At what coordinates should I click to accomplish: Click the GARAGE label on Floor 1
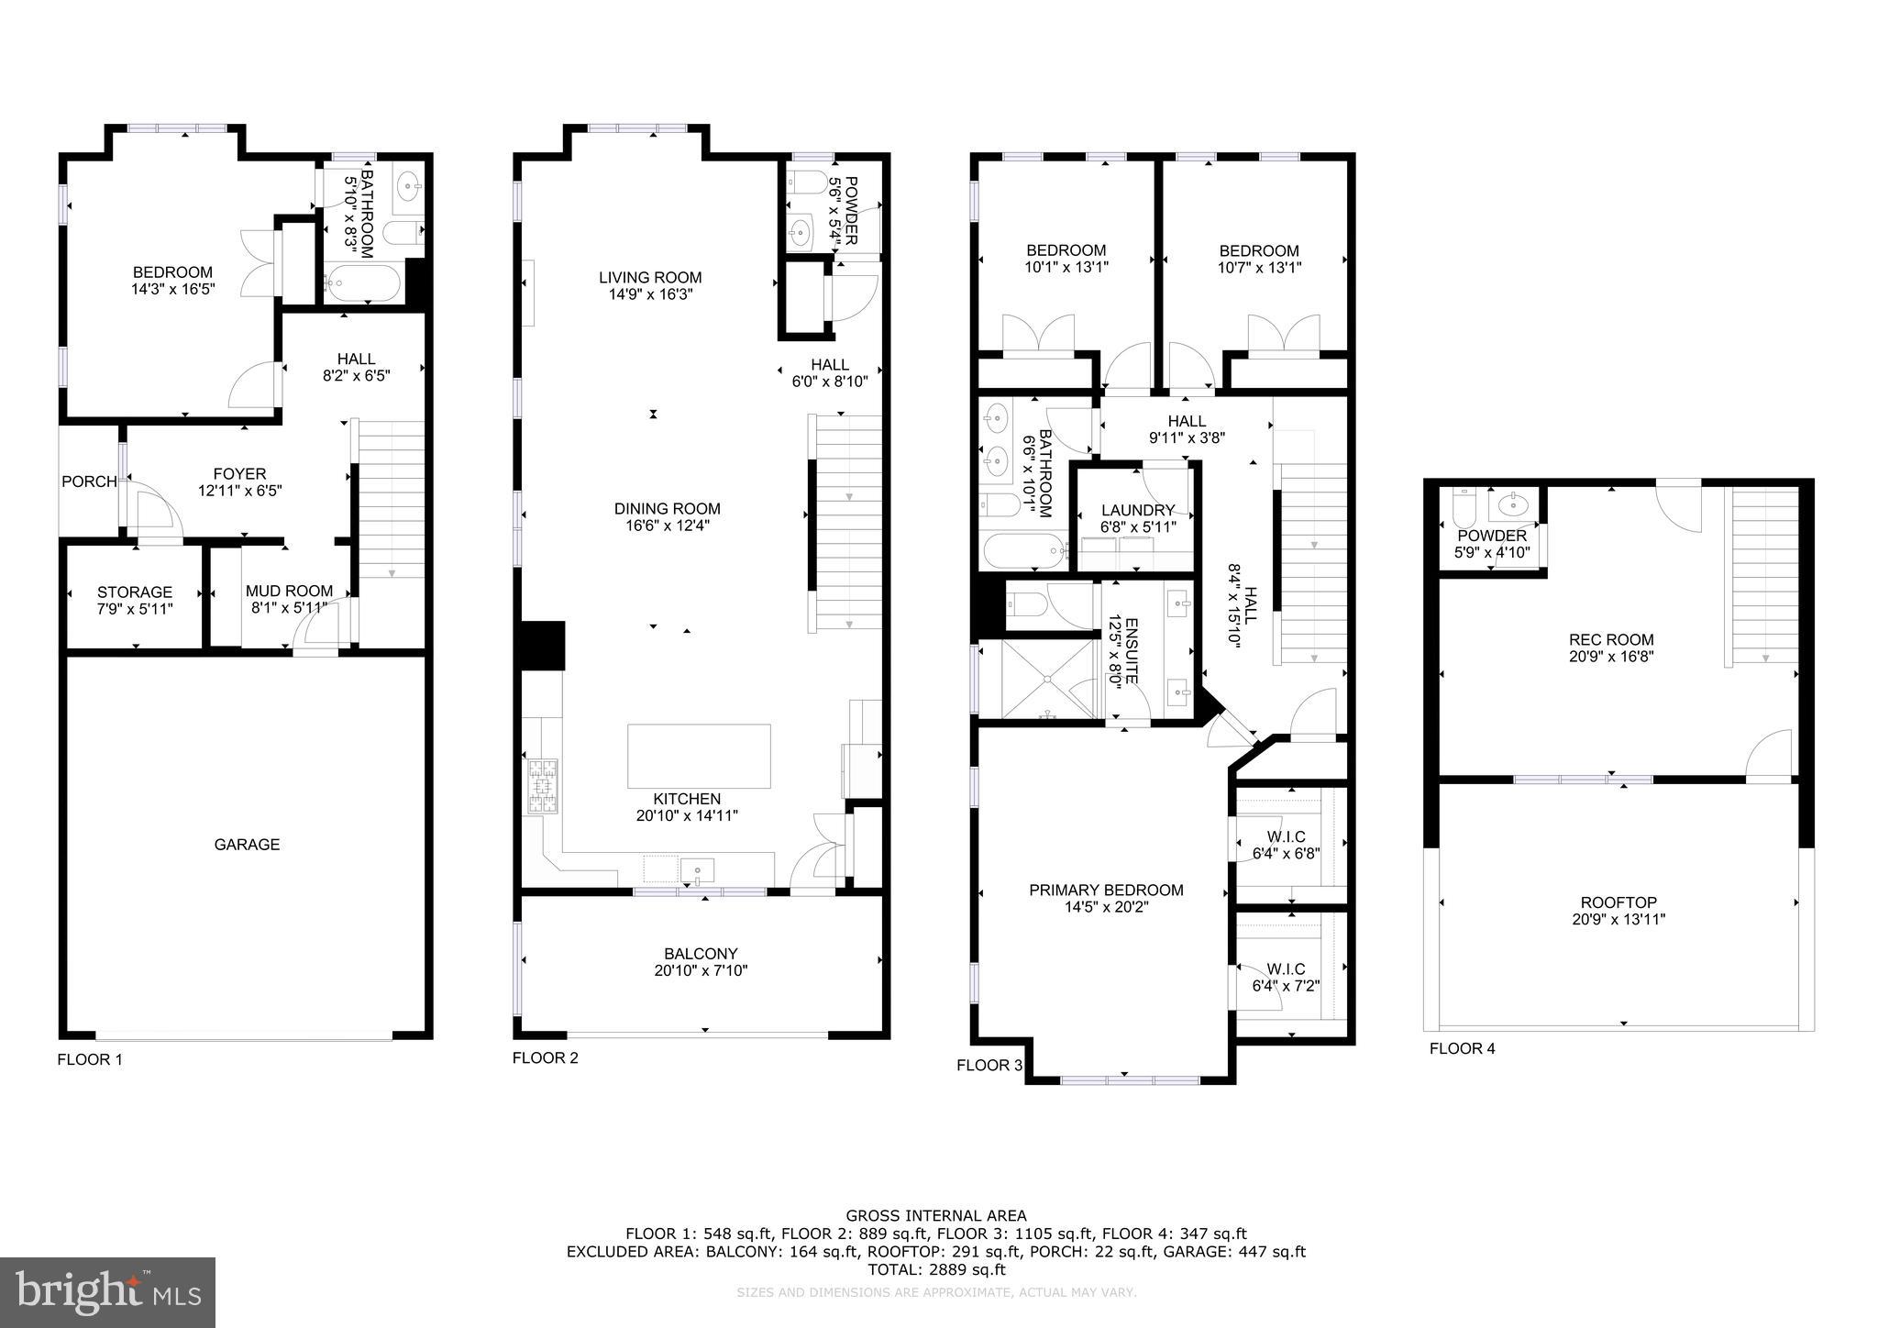coord(247,845)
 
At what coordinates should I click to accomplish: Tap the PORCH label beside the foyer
coord(89,481)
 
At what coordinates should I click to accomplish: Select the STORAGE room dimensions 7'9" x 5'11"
coord(135,609)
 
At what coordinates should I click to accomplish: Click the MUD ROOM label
coord(289,592)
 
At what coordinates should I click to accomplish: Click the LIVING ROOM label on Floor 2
coord(650,277)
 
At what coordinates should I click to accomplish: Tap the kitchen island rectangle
coord(699,756)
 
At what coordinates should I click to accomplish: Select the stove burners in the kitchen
coord(541,788)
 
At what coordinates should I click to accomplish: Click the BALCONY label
coord(701,954)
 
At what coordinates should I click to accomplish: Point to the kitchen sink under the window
coord(699,869)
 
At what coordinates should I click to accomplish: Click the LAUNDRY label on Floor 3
coord(1137,510)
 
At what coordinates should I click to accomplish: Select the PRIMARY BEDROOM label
coord(1106,890)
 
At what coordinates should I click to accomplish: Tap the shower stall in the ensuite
coord(1045,679)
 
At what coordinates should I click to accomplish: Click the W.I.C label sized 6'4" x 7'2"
coord(1286,968)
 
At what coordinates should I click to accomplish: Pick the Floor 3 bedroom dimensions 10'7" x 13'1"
coord(1259,268)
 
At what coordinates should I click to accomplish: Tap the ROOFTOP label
coord(1618,902)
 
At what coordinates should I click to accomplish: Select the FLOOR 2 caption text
coord(545,1057)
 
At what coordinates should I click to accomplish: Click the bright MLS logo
coord(108,1292)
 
